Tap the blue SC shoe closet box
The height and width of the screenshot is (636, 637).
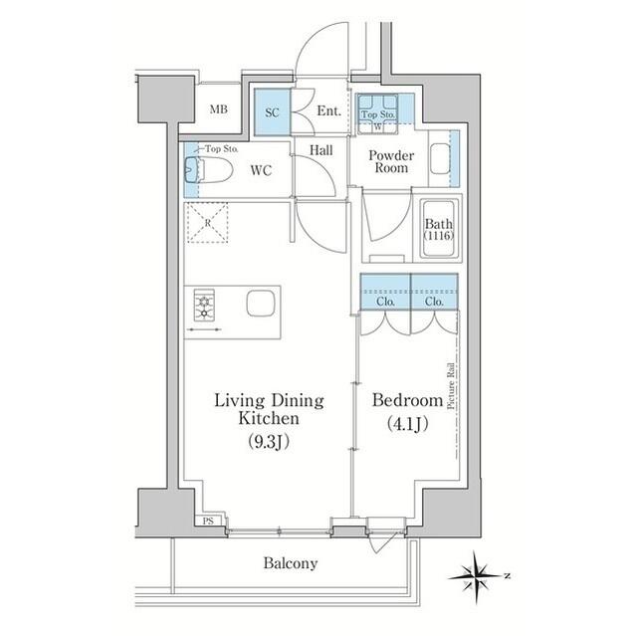(x=271, y=112)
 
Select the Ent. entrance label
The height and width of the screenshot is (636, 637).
(x=329, y=112)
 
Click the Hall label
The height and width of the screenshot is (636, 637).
(x=320, y=149)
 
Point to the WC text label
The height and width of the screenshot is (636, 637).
(x=261, y=170)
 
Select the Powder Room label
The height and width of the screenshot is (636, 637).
(x=390, y=162)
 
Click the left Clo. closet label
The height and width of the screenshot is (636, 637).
(x=385, y=301)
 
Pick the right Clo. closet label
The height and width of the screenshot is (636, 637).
(x=434, y=301)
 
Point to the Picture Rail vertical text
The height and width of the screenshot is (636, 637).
(x=451, y=385)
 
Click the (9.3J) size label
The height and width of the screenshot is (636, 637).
(x=270, y=440)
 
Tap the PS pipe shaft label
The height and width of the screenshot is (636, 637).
(x=208, y=521)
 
